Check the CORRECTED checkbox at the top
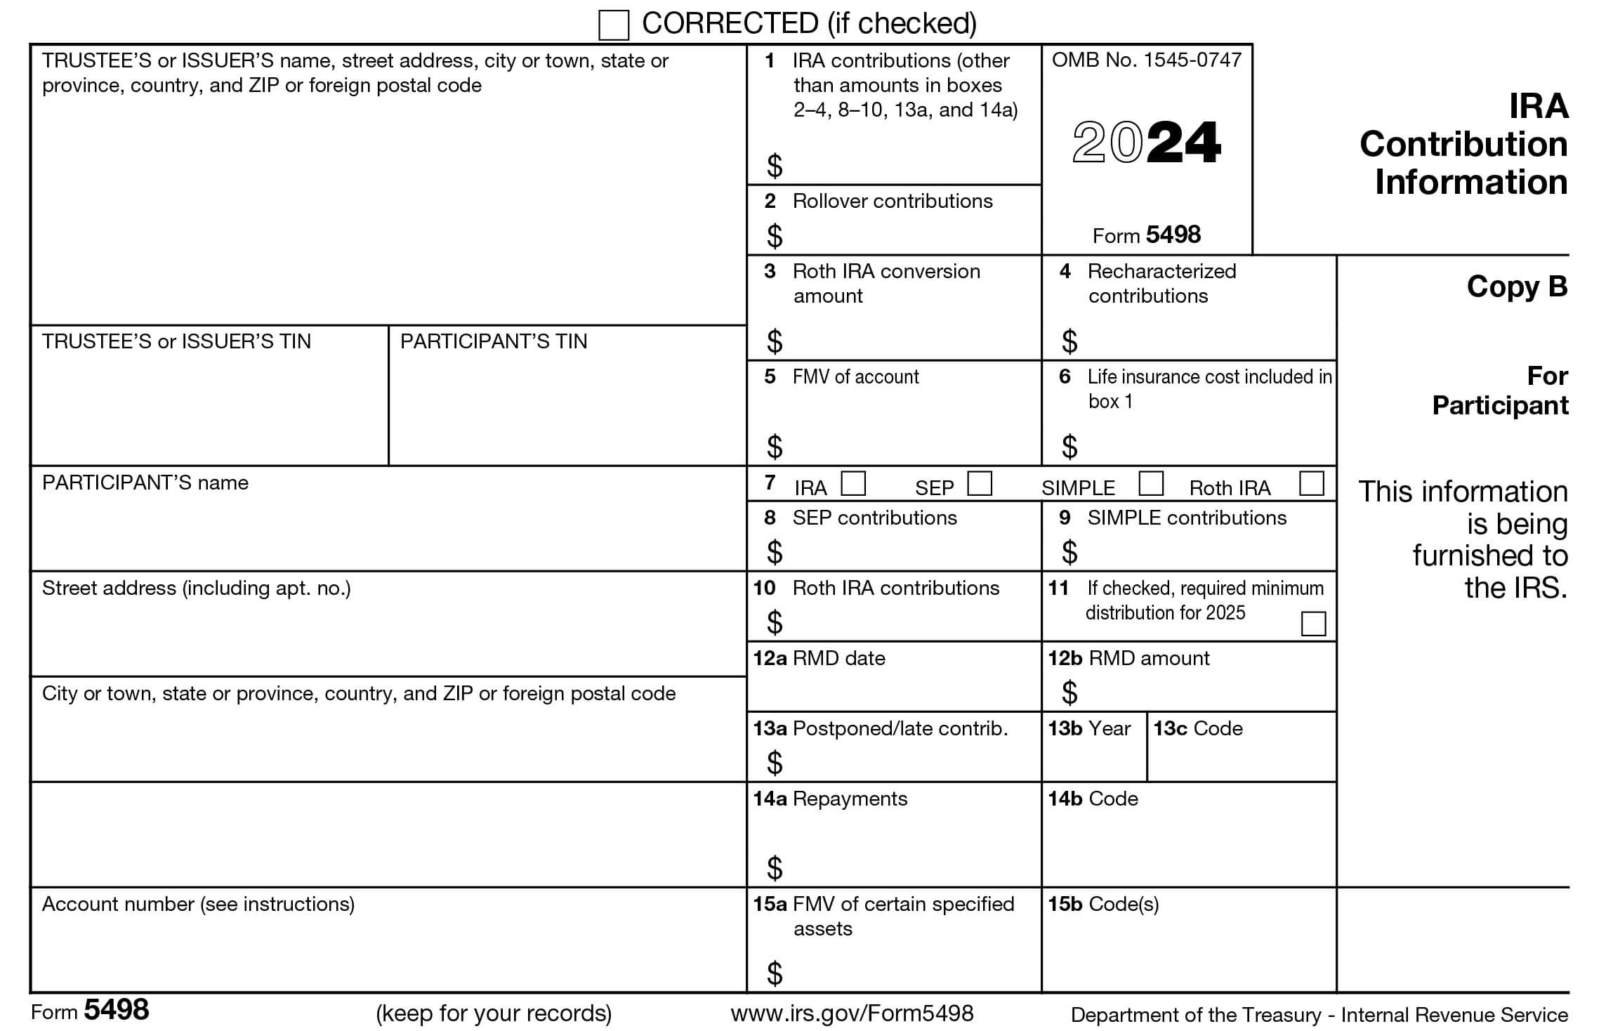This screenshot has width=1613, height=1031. (613, 25)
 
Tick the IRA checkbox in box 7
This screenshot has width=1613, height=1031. (853, 483)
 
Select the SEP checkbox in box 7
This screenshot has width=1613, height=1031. (980, 483)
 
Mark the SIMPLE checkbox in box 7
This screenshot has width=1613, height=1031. (1151, 483)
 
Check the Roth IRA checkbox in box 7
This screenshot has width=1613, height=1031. (1312, 483)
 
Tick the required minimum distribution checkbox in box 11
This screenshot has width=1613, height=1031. (1313, 624)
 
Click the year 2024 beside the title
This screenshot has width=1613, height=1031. (1147, 143)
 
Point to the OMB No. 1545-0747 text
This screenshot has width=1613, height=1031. (1147, 60)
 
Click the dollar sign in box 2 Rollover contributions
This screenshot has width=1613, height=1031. (775, 236)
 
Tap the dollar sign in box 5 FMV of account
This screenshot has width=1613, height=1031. (775, 447)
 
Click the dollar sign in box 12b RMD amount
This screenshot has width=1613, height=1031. (1069, 693)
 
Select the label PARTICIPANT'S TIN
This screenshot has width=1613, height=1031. (494, 341)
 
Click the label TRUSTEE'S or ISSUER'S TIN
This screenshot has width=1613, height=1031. (176, 341)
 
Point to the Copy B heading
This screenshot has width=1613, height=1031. (1517, 287)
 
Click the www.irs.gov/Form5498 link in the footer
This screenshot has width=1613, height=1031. (852, 1013)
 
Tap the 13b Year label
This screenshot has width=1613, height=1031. (1089, 728)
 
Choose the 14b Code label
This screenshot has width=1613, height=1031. (1093, 799)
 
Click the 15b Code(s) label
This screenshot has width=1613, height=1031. (1103, 904)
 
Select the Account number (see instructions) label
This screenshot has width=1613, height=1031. (198, 904)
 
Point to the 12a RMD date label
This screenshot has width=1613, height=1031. (819, 658)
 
